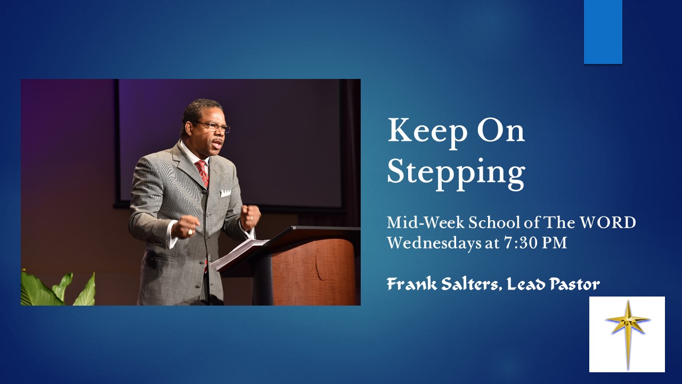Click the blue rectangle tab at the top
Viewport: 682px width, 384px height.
[603, 31]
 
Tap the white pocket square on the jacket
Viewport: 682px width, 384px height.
[225, 193]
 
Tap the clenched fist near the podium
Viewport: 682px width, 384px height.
[249, 216]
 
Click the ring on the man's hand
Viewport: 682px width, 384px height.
[190, 232]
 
